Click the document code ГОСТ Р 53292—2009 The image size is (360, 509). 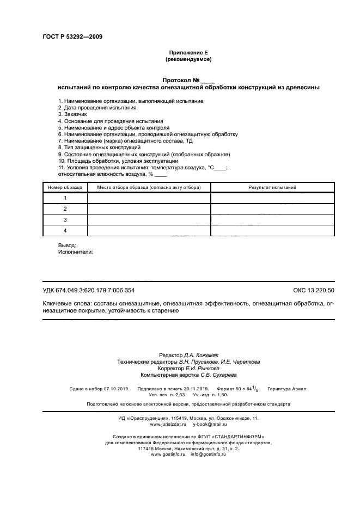[72, 37]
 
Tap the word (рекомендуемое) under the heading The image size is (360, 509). [188, 59]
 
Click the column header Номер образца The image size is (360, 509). [65, 187]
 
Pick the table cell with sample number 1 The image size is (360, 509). [65, 198]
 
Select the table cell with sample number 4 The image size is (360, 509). [65, 230]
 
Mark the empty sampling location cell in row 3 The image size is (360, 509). [149, 219]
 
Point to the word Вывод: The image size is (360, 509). [67, 246]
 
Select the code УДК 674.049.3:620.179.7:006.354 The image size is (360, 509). [88, 290]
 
